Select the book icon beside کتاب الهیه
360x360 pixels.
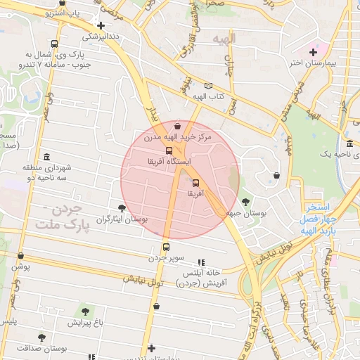tap(208, 85)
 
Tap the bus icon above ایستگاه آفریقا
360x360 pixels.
tap(169, 150)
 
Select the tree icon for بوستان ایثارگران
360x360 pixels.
tap(123, 208)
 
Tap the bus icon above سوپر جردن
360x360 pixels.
tap(166, 247)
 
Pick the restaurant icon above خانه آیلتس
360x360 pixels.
tap(200, 261)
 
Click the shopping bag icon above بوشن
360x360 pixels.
tap(20, 256)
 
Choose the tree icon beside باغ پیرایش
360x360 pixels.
tap(86, 311)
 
